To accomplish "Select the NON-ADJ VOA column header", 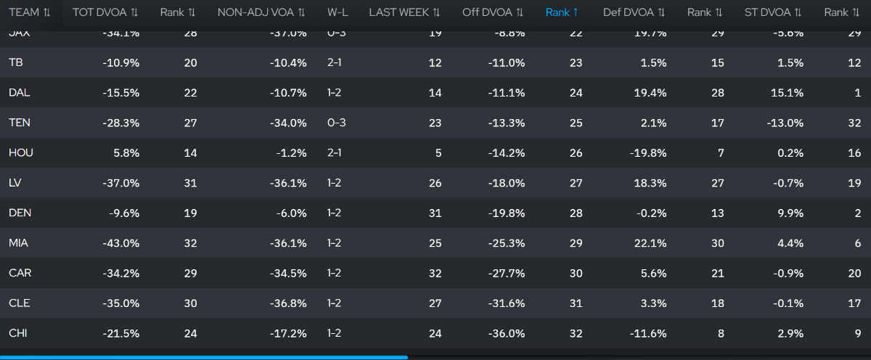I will pyautogui.click(x=254, y=12).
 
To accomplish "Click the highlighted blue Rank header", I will pyautogui.click(x=565, y=12).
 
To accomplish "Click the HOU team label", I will pyautogui.click(x=21, y=153).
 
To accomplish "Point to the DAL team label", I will pyautogui.click(x=20, y=93).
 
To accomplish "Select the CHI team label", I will pyautogui.click(x=18, y=333).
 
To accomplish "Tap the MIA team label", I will pyautogui.click(x=20, y=243).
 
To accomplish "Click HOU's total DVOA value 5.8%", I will pyautogui.click(x=126, y=153).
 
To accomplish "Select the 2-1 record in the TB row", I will pyautogui.click(x=336, y=63).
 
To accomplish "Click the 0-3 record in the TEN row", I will pyautogui.click(x=337, y=123).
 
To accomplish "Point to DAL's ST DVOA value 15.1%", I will pyautogui.click(x=787, y=93).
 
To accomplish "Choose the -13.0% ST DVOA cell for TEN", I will pyautogui.click(x=785, y=123).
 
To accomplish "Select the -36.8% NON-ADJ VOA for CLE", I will pyautogui.click(x=287, y=303).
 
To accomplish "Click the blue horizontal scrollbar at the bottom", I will pyautogui.click(x=203, y=357).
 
